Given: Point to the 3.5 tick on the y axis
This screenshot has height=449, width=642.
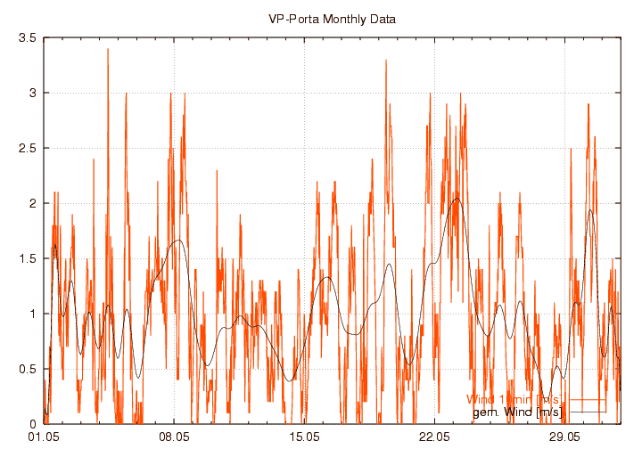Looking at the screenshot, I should pyautogui.click(x=27, y=38).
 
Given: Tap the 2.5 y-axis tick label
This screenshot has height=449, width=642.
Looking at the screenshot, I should pyautogui.click(x=27, y=148).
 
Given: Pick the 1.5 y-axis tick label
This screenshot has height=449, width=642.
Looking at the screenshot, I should pyautogui.click(x=27, y=258).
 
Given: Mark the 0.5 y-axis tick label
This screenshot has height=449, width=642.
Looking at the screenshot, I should pyautogui.click(x=27, y=369).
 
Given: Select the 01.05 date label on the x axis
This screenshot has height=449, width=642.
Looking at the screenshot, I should pyautogui.click(x=44, y=437).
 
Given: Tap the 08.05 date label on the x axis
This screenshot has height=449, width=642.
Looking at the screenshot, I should pyautogui.click(x=174, y=437).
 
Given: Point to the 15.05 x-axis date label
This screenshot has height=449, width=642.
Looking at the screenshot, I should pyautogui.click(x=304, y=437).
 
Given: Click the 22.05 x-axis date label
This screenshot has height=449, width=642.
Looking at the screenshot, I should pyautogui.click(x=434, y=437).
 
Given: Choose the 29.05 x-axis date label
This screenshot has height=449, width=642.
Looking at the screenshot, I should pyautogui.click(x=564, y=437).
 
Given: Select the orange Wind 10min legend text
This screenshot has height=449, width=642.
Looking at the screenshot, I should pyautogui.click(x=514, y=399).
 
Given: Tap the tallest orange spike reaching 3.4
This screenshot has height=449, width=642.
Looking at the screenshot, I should pyautogui.click(x=108, y=51).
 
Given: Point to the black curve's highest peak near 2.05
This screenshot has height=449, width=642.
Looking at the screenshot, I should pyautogui.click(x=457, y=199).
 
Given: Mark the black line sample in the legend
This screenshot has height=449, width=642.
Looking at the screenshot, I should pyautogui.click(x=588, y=412).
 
